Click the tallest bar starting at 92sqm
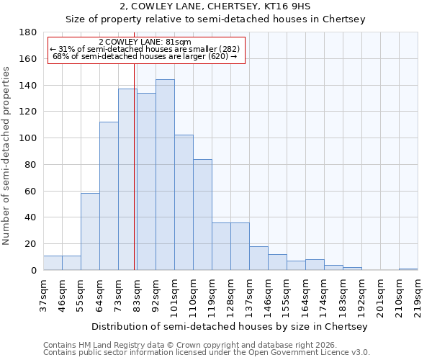[x=165, y=175]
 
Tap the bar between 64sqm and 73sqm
[x=109, y=196]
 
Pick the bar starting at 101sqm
[x=184, y=202]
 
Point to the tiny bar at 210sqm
[x=408, y=269]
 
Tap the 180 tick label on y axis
[x=28, y=32]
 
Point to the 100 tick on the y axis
[x=28, y=138]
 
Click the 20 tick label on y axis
[x=31, y=244]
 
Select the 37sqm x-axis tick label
[x=43, y=294]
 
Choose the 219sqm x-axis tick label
[x=418, y=294]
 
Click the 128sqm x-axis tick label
[x=230, y=294]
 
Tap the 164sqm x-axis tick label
[x=305, y=294]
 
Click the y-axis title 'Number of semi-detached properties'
[x=6, y=156]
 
